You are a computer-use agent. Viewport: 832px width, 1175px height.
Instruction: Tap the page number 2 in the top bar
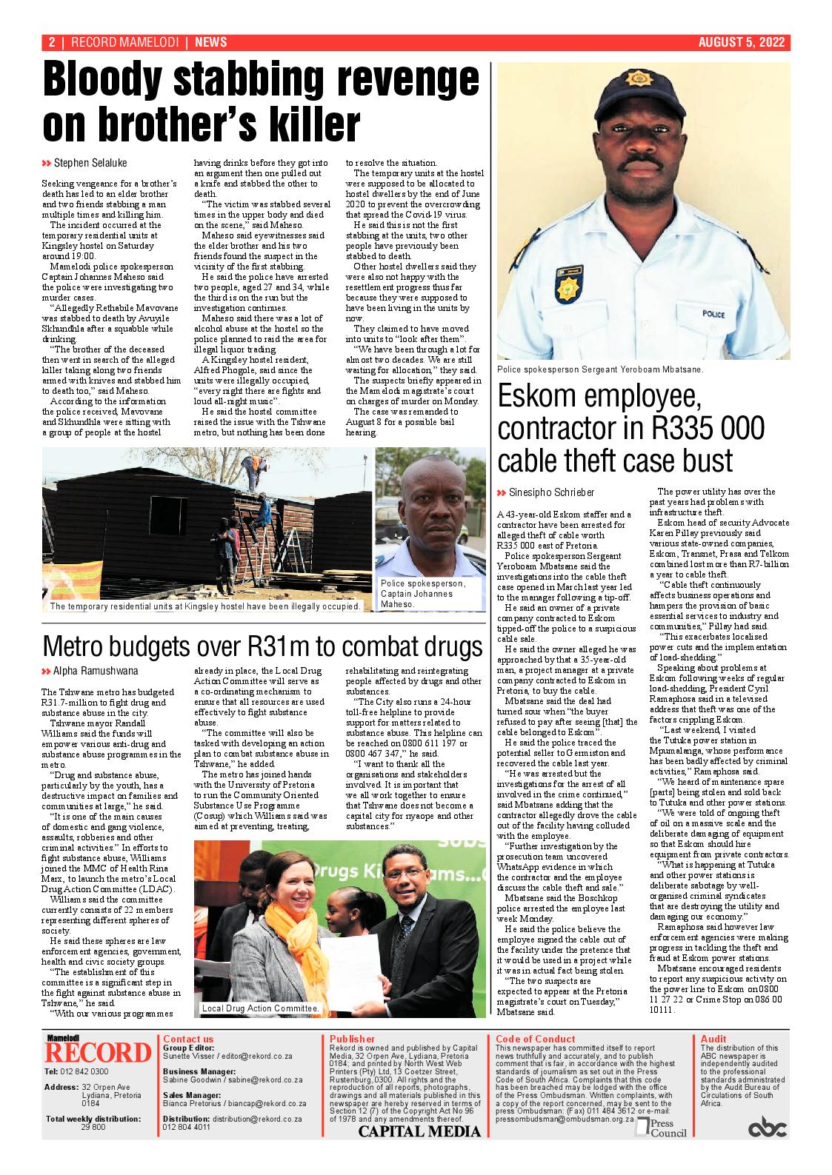point(52,43)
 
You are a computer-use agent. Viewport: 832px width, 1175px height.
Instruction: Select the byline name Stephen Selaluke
point(90,163)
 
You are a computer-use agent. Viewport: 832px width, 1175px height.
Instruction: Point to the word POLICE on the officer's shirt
point(713,315)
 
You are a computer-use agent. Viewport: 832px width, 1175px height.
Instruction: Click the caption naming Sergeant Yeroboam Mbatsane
point(600,369)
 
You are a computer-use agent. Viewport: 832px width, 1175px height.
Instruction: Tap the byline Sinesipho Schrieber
point(551,492)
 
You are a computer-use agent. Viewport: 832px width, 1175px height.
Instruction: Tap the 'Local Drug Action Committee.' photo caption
point(260,1008)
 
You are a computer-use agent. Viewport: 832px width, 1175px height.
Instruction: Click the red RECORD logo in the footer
point(97,1052)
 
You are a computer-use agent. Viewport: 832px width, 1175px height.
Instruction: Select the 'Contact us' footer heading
point(188,1039)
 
